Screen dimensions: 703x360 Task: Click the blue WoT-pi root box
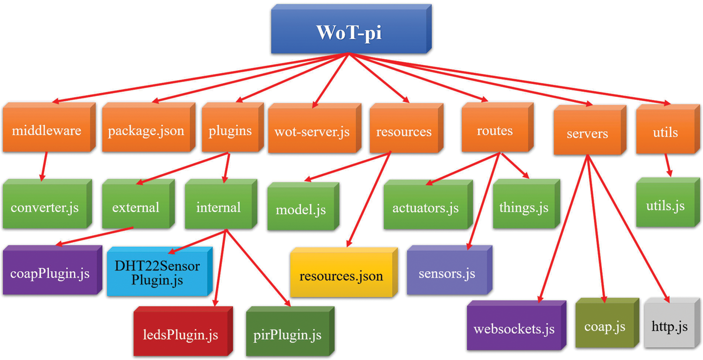351,29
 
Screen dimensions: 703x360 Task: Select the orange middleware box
49,127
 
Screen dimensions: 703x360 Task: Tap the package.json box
149,127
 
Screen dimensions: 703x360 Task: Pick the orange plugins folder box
233,127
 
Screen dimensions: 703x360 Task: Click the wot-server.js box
315,128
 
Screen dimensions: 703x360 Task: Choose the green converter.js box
47,204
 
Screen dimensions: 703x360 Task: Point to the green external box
138,204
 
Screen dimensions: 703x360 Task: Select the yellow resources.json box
344,272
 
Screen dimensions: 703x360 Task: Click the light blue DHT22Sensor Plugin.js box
160,271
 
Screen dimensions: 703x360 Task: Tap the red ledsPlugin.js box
183,331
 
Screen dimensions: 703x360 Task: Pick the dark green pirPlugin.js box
290,331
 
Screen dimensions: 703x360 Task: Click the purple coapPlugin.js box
52,270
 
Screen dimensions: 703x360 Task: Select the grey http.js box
672,323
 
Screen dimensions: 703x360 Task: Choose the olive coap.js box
607,323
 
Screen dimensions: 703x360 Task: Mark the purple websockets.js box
516,325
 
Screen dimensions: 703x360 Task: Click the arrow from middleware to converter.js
44,166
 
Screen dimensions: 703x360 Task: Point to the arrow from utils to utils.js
668,165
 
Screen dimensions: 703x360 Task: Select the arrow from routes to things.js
515,165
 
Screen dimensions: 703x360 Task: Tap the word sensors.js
447,273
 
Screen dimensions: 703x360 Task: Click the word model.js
301,210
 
